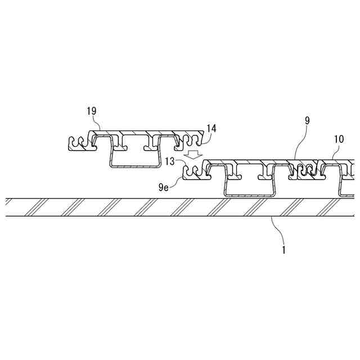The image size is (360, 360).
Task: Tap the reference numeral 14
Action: click(x=210, y=128)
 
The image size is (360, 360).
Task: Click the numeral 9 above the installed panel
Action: click(x=307, y=120)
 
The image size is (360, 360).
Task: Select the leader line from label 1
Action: click(x=276, y=230)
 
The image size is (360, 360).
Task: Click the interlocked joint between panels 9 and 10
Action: click(x=306, y=172)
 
